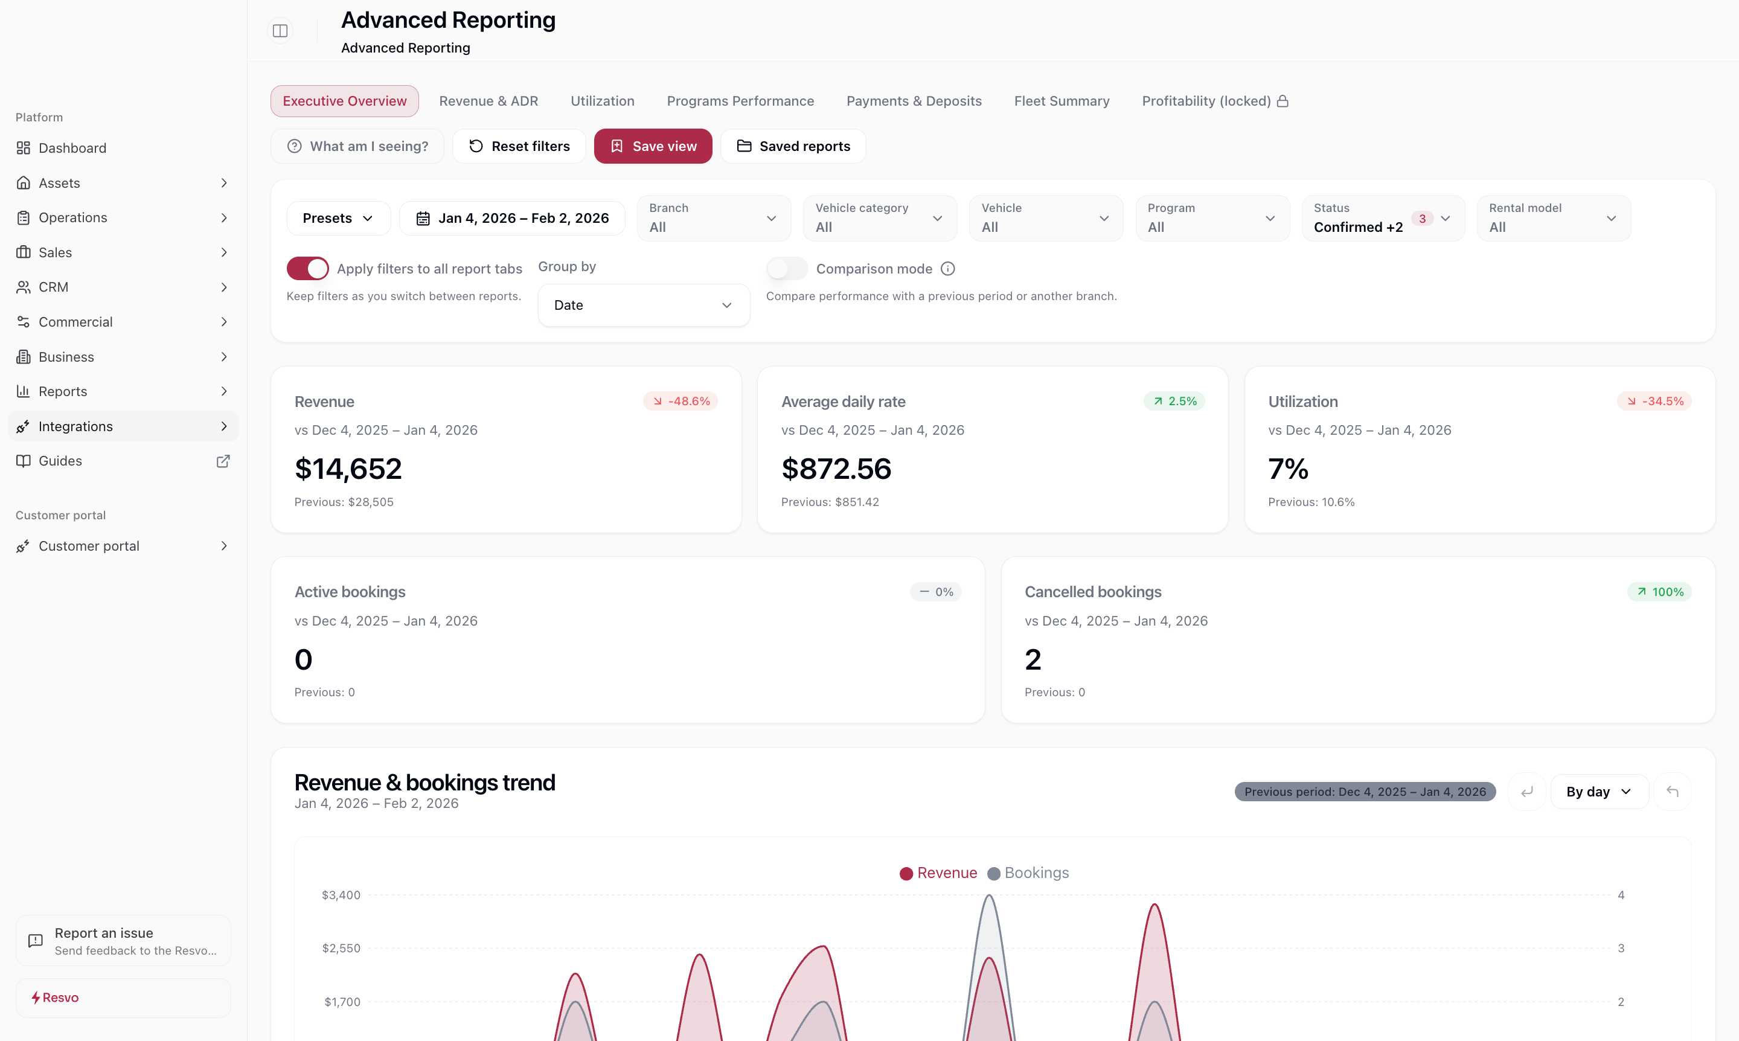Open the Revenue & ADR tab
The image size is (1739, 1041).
pyautogui.click(x=488, y=101)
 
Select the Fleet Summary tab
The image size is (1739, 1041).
pyautogui.click(x=1062, y=101)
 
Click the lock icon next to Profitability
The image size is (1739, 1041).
pyautogui.click(x=1283, y=101)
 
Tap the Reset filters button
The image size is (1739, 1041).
pyautogui.click(x=519, y=146)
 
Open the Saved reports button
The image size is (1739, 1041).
pyautogui.click(x=793, y=146)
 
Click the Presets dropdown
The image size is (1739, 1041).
pyautogui.click(x=338, y=218)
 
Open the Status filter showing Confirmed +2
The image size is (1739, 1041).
pyautogui.click(x=1382, y=218)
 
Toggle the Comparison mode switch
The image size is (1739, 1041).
pyautogui.click(x=786, y=269)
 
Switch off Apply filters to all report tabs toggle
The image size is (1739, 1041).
pyautogui.click(x=307, y=269)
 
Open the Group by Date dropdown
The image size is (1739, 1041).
pyautogui.click(x=643, y=305)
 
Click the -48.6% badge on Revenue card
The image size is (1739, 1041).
pyautogui.click(x=681, y=402)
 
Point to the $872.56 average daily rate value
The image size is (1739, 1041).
pyautogui.click(x=836, y=469)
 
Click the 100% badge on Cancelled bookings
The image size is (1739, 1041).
pyautogui.click(x=1659, y=592)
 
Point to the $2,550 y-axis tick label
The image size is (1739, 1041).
pyautogui.click(x=341, y=949)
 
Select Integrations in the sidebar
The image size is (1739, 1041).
pyautogui.click(x=75, y=426)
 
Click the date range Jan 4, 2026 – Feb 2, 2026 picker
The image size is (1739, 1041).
pyautogui.click(x=512, y=218)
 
